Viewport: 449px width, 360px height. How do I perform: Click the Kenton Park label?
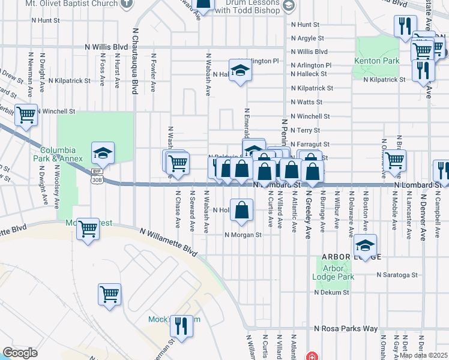[376, 61]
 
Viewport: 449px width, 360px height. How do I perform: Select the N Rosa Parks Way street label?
[346, 329]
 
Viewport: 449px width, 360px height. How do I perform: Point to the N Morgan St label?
[243, 235]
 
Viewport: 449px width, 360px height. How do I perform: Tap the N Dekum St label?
[329, 292]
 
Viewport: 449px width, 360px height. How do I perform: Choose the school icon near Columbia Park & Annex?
[103, 154]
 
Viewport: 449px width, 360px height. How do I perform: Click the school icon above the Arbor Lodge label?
[365, 245]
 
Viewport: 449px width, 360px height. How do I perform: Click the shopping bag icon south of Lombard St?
[241, 210]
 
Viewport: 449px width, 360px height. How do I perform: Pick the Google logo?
[20, 353]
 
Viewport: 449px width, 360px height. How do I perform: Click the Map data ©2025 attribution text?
[424, 355]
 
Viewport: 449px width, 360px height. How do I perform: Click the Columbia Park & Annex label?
[58, 154]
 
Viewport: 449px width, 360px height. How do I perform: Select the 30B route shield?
[97, 179]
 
